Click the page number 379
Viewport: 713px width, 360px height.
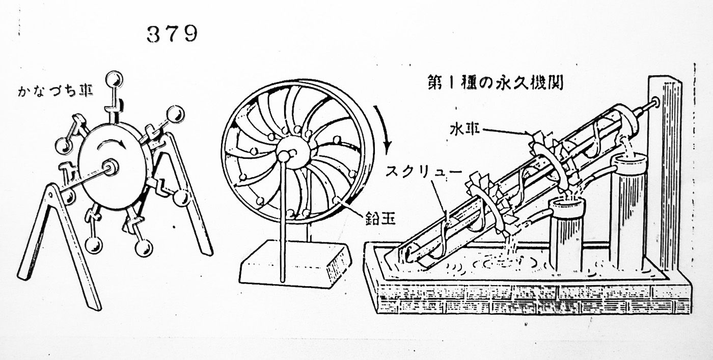click(x=172, y=34)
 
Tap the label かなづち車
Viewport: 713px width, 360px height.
click(x=56, y=91)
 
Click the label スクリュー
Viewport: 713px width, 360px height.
click(x=423, y=172)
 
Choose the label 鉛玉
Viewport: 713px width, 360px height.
click(x=380, y=218)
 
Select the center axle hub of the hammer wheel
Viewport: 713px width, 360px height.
click(x=110, y=167)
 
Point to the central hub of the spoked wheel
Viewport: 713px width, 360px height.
click(x=292, y=152)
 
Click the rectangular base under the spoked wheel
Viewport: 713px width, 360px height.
click(x=296, y=264)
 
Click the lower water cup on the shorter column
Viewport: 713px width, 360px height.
click(x=568, y=207)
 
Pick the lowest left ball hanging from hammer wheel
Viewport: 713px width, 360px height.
click(x=94, y=245)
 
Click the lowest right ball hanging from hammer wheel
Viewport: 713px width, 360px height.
click(x=144, y=248)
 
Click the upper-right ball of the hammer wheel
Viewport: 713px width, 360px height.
click(x=176, y=115)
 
